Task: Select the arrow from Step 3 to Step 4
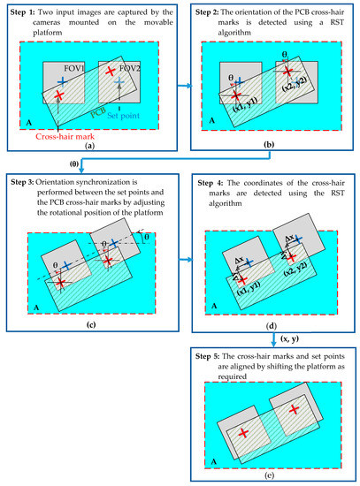(183, 260)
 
